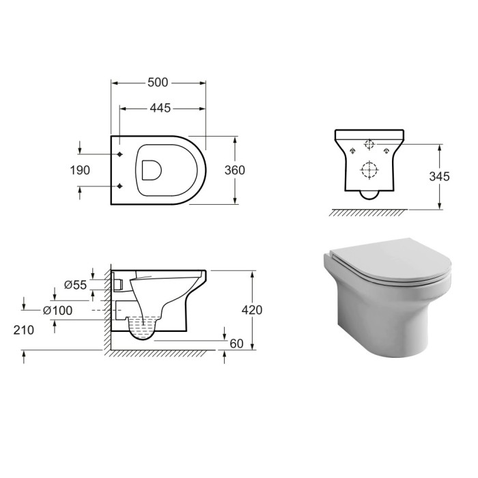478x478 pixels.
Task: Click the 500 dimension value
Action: [x=158, y=83]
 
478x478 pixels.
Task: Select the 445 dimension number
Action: [x=158, y=108]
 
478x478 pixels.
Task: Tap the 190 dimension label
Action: [x=80, y=170]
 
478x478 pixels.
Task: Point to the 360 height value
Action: [x=234, y=170]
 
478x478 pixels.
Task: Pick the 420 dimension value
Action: [x=252, y=309]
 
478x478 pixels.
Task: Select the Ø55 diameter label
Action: [x=75, y=285]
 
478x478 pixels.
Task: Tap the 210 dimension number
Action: [x=24, y=330]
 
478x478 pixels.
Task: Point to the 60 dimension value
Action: [x=237, y=343]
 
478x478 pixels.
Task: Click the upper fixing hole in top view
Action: [x=120, y=154]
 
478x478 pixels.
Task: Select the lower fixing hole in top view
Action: [x=120, y=186]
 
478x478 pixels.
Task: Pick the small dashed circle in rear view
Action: [x=369, y=145]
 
